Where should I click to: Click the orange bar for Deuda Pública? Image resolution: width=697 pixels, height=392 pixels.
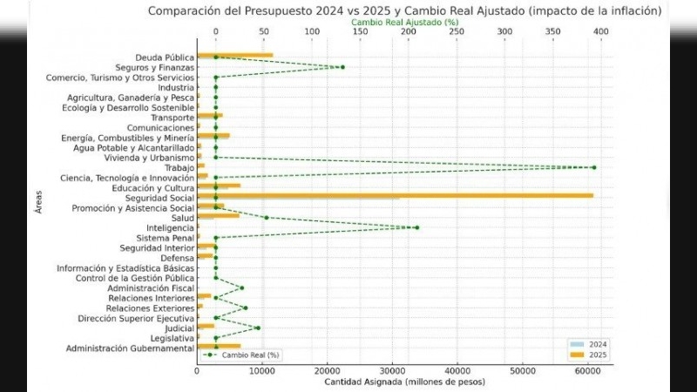click(235, 56)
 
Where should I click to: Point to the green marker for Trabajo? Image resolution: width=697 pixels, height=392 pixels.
click(593, 167)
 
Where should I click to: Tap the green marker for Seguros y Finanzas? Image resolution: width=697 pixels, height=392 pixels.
click(342, 67)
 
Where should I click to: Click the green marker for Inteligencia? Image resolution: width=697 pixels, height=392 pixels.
click(416, 227)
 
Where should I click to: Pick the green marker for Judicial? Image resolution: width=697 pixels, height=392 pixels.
click(258, 328)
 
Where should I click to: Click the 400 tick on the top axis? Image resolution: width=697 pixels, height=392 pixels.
click(600, 31)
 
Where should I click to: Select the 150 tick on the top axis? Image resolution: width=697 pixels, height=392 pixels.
click(360, 31)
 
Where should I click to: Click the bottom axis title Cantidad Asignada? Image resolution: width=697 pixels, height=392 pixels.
click(404, 382)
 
